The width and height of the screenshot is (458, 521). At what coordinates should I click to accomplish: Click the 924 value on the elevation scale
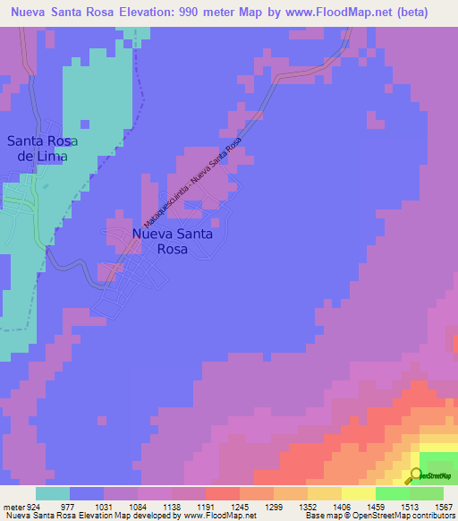click(x=27, y=506)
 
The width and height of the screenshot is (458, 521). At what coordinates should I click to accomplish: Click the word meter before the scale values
click(x=10, y=506)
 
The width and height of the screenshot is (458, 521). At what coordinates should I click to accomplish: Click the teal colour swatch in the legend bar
click(x=53, y=493)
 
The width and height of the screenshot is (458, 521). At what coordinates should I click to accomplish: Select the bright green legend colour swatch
click(x=392, y=493)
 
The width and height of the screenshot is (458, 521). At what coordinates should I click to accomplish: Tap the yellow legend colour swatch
click(x=358, y=493)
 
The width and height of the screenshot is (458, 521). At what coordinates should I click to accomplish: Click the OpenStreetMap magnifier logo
click(x=416, y=475)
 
